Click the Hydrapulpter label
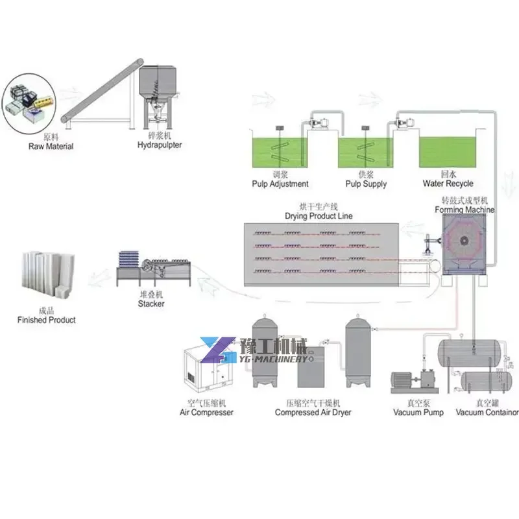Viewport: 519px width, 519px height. pyautogui.click(x=160, y=145)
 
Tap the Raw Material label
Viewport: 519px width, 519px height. pyautogui.click(x=51, y=147)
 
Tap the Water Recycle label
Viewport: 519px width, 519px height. pyautogui.click(x=448, y=184)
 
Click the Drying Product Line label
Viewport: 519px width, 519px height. pyautogui.click(x=319, y=215)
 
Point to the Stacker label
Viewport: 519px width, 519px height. pyautogui.click(x=151, y=304)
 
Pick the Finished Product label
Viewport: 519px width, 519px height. pyautogui.click(x=47, y=320)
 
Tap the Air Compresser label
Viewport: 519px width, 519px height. pyautogui.click(x=206, y=412)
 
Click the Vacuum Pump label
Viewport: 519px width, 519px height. pyautogui.click(x=419, y=412)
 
